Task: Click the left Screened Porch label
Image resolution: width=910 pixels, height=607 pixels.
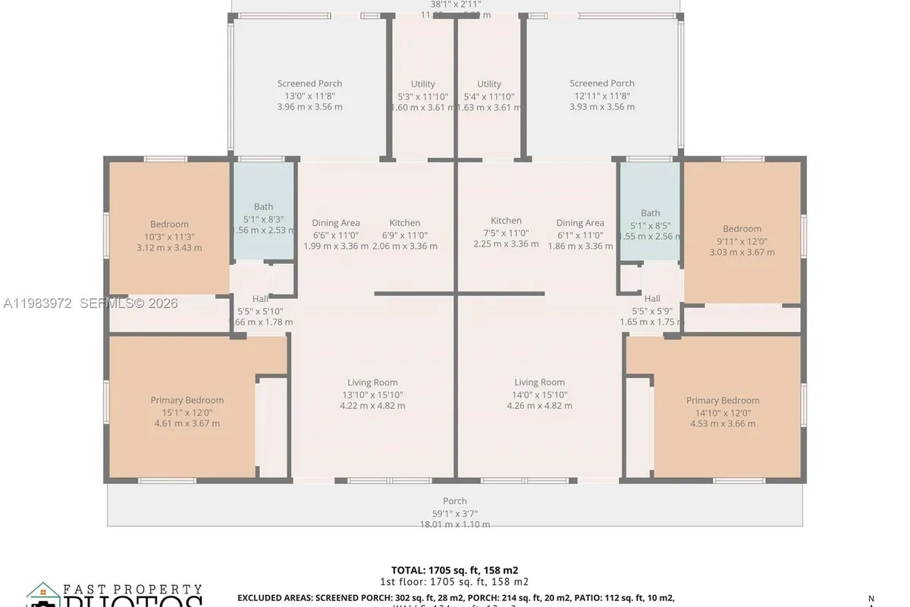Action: (309, 84)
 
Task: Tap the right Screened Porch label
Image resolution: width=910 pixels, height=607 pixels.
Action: (601, 84)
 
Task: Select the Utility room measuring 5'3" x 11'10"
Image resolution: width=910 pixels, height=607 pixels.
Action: (422, 85)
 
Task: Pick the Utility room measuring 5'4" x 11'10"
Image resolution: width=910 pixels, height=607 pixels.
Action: (489, 85)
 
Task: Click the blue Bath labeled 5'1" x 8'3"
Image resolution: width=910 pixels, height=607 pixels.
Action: (263, 207)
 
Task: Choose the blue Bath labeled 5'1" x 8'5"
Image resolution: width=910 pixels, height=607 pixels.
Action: (650, 213)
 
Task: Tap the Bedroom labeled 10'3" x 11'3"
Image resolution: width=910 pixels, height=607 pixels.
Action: (169, 225)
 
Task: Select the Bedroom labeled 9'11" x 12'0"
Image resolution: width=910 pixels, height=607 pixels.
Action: (742, 229)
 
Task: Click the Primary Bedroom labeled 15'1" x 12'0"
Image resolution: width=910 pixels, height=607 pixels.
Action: (187, 401)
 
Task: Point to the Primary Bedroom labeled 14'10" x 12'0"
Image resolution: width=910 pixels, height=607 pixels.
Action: (723, 401)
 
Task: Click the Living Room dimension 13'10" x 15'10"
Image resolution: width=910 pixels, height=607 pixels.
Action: (372, 395)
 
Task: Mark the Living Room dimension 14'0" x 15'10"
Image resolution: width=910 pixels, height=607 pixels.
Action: (539, 395)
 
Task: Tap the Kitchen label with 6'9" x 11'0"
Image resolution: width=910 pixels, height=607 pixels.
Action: (405, 223)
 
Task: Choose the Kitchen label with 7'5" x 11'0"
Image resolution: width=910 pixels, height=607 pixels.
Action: (506, 221)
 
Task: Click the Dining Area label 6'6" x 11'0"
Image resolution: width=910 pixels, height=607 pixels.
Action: (336, 223)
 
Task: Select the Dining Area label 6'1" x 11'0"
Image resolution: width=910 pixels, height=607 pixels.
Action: (580, 223)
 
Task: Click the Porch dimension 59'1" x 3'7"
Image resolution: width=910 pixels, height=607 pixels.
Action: (455, 513)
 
